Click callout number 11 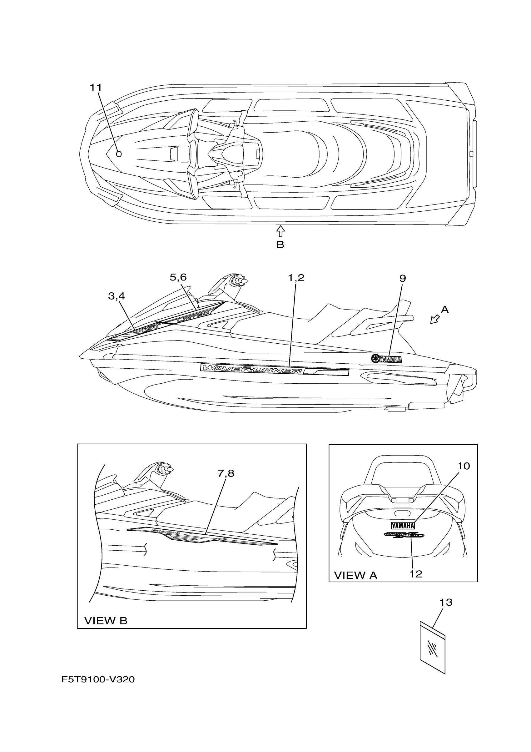96,88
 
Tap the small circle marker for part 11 119,154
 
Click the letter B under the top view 280,245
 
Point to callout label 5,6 178,277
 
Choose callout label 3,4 117,296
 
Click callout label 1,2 296,278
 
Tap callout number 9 402,278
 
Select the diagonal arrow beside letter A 434,319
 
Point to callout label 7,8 226,473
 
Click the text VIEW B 106,621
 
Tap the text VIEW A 355,575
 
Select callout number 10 463,466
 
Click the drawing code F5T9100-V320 98,680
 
